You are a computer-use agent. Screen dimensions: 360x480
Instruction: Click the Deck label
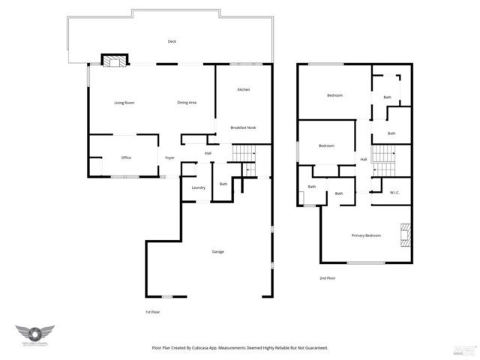[172, 42]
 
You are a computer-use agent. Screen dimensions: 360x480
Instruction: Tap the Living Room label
[124, 103]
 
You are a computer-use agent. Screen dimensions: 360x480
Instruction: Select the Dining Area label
[187, 103]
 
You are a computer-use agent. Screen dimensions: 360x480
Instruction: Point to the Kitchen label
[243, 90]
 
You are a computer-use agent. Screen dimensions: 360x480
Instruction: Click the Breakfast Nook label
[243, 127]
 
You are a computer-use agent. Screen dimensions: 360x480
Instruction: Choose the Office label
[126, 157]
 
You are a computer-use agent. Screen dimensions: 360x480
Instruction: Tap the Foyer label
[170, 157]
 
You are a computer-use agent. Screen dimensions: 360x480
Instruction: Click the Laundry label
[198, 187]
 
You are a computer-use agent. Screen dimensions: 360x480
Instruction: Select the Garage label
[217, 251]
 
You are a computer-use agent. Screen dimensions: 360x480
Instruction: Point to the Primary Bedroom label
[366, 235]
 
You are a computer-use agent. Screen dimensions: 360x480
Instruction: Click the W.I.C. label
[394, 193]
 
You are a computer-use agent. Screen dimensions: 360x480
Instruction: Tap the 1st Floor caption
[153, 311]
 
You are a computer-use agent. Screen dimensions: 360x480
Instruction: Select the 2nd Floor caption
[327, 278]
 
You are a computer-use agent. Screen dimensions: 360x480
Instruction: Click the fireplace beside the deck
[115, 61]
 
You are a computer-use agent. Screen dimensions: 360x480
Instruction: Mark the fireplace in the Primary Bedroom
[405, 235]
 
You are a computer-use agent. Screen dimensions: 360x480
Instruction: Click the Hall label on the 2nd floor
[364, 159]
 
